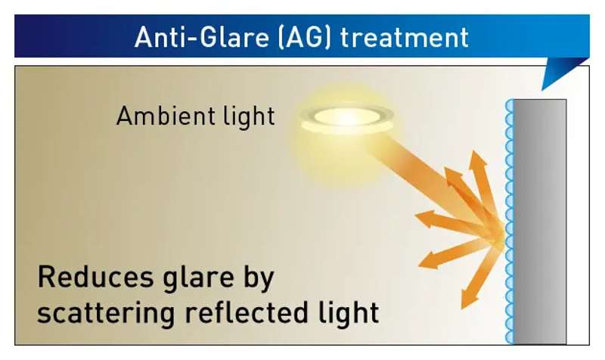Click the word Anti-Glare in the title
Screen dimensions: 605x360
coord(201,37)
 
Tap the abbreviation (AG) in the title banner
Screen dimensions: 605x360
coord(305,37)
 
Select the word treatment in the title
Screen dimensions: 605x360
coord(405,37)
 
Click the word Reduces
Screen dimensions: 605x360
coord(96,277)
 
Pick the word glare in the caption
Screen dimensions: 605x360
coord(198,279)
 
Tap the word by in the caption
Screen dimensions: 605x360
coord(259,279)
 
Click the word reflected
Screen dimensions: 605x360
coord(247,312)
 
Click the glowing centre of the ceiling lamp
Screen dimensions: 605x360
coord(348,116)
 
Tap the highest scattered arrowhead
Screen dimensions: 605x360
coord(478,159)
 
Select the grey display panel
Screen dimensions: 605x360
coord(540,222)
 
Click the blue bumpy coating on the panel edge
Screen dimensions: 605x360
coord(509,222)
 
